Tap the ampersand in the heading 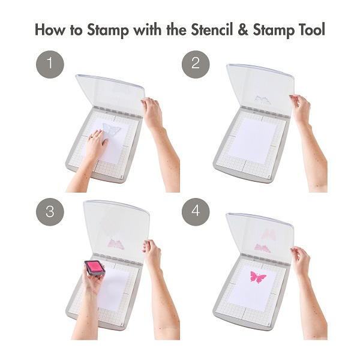[x=244, y=30]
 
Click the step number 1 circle [x=50, y=64]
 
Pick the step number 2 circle [x=196, y=64]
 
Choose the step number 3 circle [x=50, y=212]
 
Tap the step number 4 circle [x=196, y=212]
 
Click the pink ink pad [x=95, y=268]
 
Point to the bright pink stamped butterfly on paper [x=258, y=277]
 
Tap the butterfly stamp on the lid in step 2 [x=263, y=100]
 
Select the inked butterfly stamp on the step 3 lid [x=116, y=244]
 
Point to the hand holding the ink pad [x=92, y=280]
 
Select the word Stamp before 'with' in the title [x=108, y=30]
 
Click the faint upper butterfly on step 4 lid [x=269, y=235]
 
